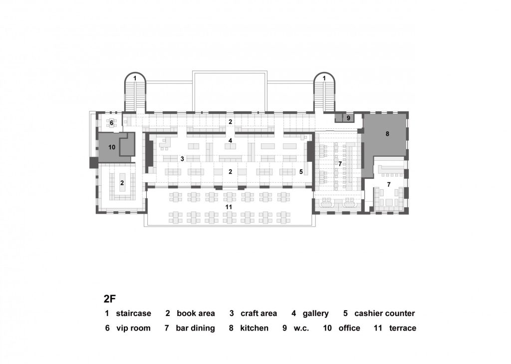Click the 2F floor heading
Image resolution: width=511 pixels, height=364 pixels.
pos(110,299)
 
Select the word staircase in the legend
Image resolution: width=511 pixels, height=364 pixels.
pos(134,314)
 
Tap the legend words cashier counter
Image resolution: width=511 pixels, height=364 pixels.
pos(385,314)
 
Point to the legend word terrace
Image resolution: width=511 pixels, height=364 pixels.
pos(403,328)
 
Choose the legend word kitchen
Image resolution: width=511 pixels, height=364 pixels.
pos(254,328)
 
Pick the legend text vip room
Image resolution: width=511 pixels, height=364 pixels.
pos(134,328)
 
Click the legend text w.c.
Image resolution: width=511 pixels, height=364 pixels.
pos(301,329)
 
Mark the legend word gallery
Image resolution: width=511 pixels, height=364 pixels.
pos(315,314)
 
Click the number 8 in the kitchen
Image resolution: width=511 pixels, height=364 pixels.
pos(387,134)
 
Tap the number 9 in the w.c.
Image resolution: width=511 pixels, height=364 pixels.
pos(348,118)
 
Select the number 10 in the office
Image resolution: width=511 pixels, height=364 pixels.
pos(112,147)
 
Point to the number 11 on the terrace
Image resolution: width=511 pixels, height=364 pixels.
pos(229,207)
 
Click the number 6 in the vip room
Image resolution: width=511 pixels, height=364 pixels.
pos(111,123)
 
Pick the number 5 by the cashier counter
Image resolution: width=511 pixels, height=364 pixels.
pos(301,172)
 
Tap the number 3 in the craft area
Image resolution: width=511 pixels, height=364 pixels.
pos(182,159)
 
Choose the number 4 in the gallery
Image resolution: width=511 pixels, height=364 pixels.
pos(230,141)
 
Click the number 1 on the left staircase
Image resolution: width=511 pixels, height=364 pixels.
pos(135,78)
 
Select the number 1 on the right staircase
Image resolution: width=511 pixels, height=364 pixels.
pos(324,78)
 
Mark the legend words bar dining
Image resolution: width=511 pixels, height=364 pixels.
pos(195,329)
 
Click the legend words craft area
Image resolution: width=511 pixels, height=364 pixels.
pos(259,314)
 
